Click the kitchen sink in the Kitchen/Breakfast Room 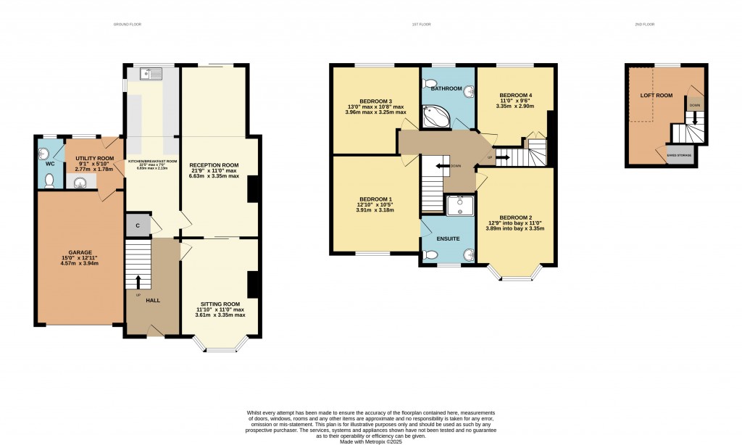click(x=153, y=73)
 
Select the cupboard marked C click(x=138, y=225)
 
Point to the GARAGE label click(x=80, y=252)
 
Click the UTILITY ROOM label click(x=96, y=158)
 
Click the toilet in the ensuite click(x=430, y=254)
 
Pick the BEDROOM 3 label click(x=375, y=101)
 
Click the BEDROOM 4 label click(x=516, y=95)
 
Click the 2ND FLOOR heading click(x=644, y=25)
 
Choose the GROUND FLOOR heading click(x=128, y=25)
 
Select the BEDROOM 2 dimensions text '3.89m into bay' click(x=500, y=228)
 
